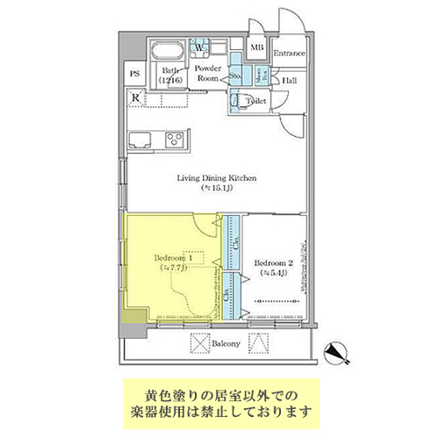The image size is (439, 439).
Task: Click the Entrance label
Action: point(289,54)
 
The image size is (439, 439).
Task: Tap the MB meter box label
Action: point(257,48)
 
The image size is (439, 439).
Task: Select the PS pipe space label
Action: point(135,74)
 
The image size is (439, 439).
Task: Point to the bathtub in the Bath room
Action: point(169,53)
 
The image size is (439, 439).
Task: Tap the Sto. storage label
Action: point(235,76)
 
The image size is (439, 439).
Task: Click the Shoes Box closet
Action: point(259,76)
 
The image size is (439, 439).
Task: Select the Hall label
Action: point(287,81)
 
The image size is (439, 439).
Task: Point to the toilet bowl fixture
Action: point(238,102)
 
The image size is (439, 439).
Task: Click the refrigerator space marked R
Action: point(135,97)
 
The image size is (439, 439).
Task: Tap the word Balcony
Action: point(227,343)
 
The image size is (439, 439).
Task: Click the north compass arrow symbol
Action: point(335,352)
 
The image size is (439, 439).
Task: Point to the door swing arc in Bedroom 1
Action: point(207,227)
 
